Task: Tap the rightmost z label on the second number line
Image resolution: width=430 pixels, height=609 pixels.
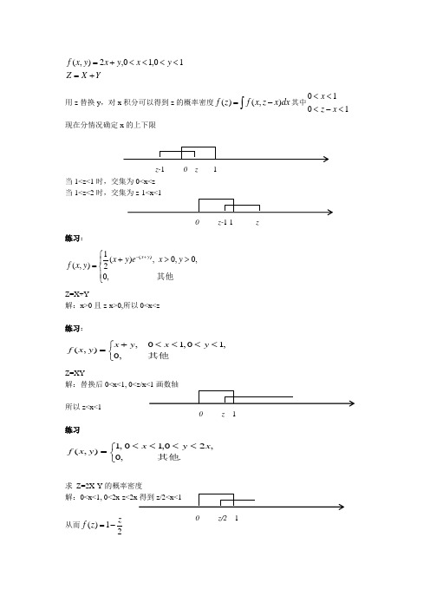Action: [x=257, y=222]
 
